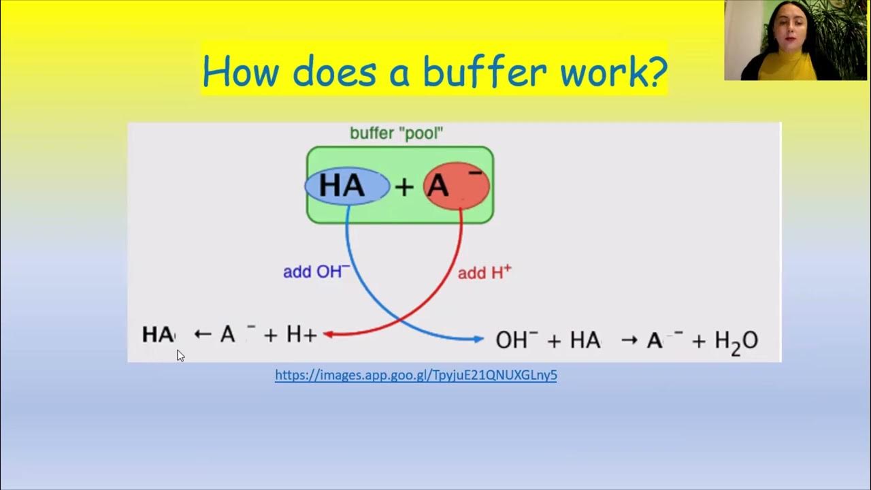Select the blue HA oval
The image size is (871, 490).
tap(346, 186)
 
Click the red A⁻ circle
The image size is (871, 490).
tap(456, 186)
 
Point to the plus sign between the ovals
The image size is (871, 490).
tap(405, 186)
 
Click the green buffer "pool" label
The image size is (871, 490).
tap(396, 133)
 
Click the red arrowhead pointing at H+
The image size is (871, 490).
tap(327, 333)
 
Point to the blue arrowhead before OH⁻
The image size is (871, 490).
tap(479, 338)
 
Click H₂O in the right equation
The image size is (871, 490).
tap(736, 340)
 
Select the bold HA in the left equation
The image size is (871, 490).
tap(158, 334)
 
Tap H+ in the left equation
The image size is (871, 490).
tap(301, 334)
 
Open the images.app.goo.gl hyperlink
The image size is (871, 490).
tap(416, 375)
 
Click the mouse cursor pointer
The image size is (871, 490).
tap(180, 355)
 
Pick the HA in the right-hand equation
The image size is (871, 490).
tap(585, 340)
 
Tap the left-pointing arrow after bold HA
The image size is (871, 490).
tap(203, 334)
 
